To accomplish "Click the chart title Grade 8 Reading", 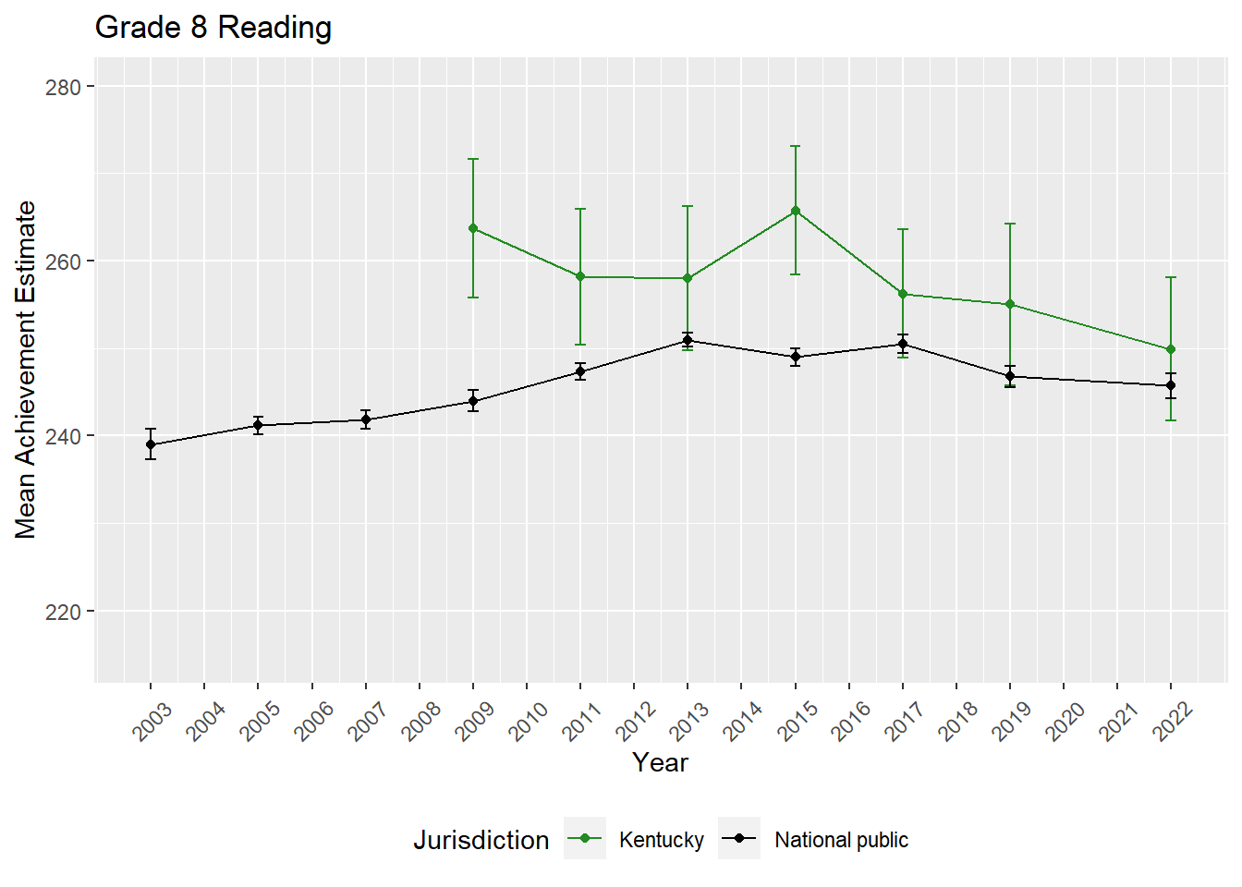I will click(x=213, y=28).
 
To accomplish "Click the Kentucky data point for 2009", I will click(x=473, y=228).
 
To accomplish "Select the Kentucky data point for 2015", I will click(x=795, y=211).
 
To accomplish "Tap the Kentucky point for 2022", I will click(x=1171, y=349).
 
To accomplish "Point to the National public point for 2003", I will click(x=151, y=444).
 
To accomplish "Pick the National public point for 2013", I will click(x=688, y=340).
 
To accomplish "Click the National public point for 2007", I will click(x=366, y=419).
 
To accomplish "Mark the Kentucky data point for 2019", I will click(x=1010, y=304).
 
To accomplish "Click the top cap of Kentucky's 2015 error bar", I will click(x=795, y=146).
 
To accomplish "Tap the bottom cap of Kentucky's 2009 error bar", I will click(x=473, y=298).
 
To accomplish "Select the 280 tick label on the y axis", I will click(x=63, y=87).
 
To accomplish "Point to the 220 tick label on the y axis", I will click(x=63, y=612).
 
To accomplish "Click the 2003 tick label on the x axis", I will click(x=152, y=722).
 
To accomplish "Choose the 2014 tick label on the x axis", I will click(x=743, y=722).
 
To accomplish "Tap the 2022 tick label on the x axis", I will click(x=1173, y=722).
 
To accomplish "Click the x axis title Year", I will click(x=660, y=762).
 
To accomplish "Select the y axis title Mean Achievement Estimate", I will click(x=26, y=370).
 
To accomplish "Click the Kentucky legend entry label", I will click(x=661, y=840).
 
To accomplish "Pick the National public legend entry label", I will click(x=841, y=840).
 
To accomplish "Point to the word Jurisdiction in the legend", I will click(x=481, y=840).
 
